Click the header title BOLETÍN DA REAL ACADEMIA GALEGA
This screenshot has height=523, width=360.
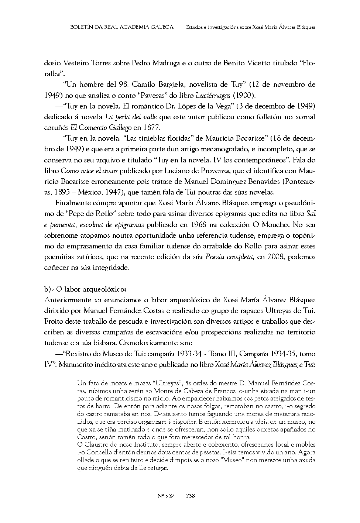[x=122, y=27]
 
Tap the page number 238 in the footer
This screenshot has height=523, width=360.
[x=191, y=496]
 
